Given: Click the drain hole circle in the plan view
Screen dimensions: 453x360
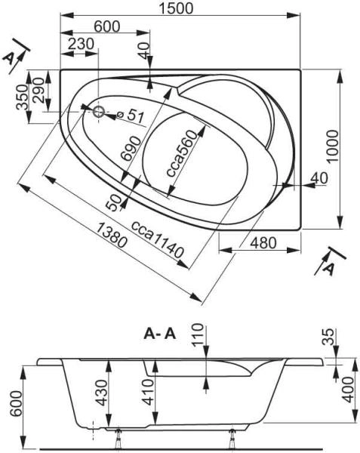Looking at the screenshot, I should (99, 112).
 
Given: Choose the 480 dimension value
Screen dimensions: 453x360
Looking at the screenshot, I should (260, 243).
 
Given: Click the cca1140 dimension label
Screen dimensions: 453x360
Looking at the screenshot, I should (158, 240).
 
